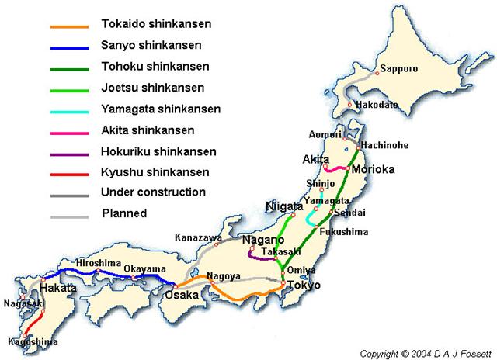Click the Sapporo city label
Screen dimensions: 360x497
[x=400, y=69]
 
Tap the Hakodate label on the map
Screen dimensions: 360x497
[x=376, y=105]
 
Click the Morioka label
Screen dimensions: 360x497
[x=374, y=168]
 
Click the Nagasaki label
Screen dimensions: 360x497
[x=22, y=304]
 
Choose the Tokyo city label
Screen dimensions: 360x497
[x=304, y=286]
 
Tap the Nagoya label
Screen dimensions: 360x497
[x=223, y=275]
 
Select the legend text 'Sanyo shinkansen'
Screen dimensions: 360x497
[x=145, y=45]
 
